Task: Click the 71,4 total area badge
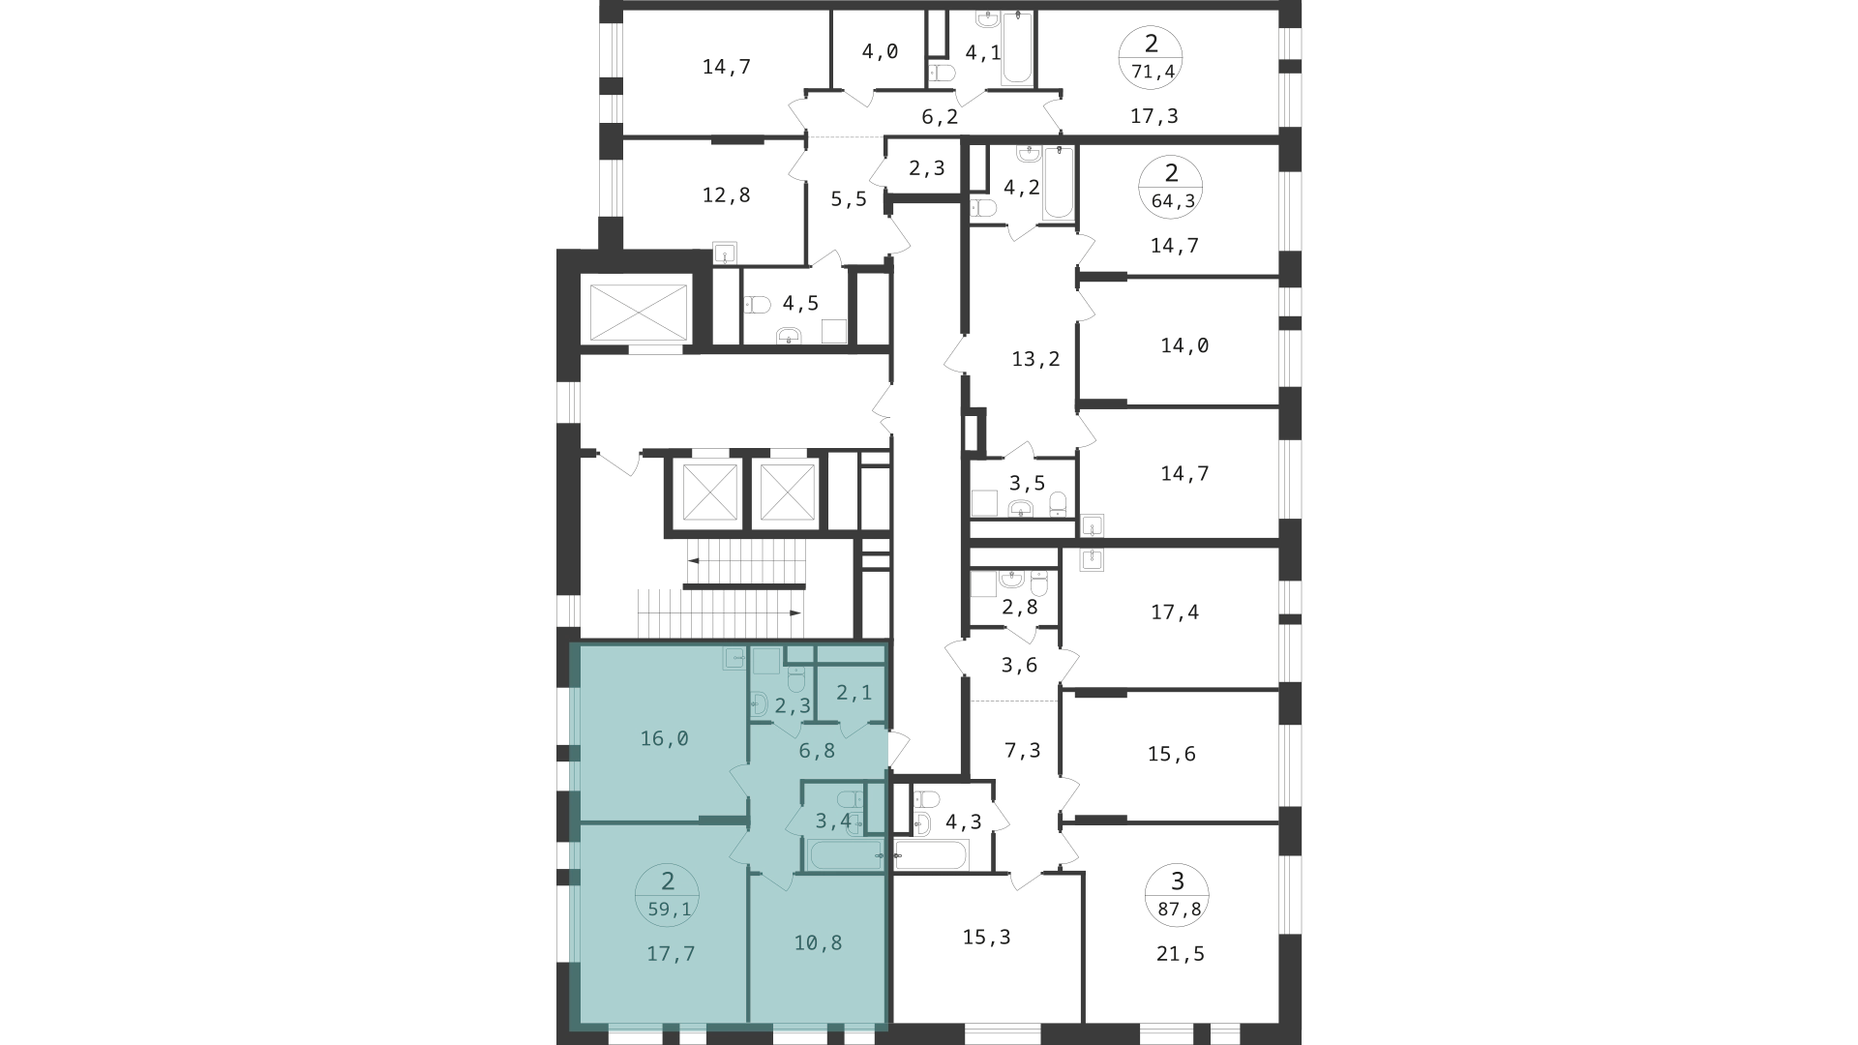(x=1151, y=57)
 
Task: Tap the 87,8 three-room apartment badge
(x=1177, y=895)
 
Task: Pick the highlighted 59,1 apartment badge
(x=668, y=895)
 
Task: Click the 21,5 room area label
(x=1181, y=954)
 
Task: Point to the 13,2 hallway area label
(x=1035, y=359)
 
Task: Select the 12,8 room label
(x=726, y=194)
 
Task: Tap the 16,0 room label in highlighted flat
(x=665, y=738)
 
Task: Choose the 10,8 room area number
(x=818, y=941)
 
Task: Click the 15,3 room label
(x=987, y=937)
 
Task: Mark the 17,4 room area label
(x=1175, y=612)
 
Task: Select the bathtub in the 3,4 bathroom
(x=846, y=854)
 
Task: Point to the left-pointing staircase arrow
(x=745, y=559)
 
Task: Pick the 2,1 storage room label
(x=854, y=692)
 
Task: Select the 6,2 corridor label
(x=940, y=117)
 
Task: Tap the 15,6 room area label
(x=1172, y=753)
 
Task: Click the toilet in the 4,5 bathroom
(x=758, y=305)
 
